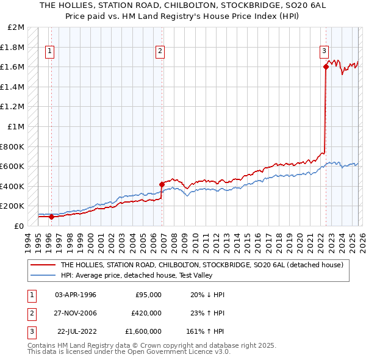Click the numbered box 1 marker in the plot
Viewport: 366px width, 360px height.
(49, 51)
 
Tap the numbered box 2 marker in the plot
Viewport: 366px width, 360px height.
(160, 51)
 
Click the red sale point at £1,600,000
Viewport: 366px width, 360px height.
(326, 67)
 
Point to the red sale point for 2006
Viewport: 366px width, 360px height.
(162, 184)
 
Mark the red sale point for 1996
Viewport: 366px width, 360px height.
(51, 217)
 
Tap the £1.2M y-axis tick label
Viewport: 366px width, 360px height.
(13, 107)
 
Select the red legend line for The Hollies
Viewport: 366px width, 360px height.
(43, 265)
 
